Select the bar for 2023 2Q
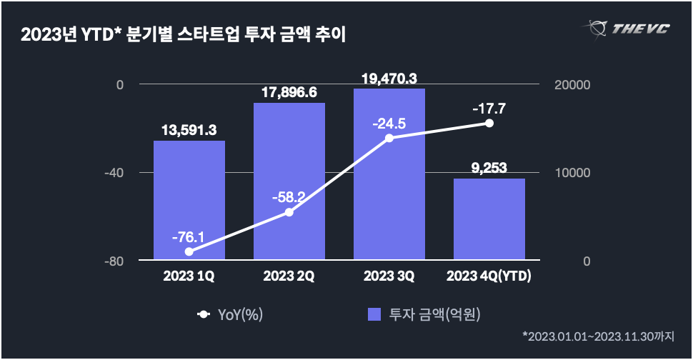(289, 181)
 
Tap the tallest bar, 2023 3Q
(389, 174)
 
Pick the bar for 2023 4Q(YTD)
(489, 219)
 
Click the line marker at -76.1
(189, 251)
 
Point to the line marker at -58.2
(289, 212)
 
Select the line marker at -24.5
(389, 138)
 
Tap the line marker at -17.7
(489, 123)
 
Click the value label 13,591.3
(189, 130)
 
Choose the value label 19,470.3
(389, 78)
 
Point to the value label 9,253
(489, 168)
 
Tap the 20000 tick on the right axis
(572, 85)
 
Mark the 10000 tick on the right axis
(572, 173)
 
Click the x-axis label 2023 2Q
(289, 276)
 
